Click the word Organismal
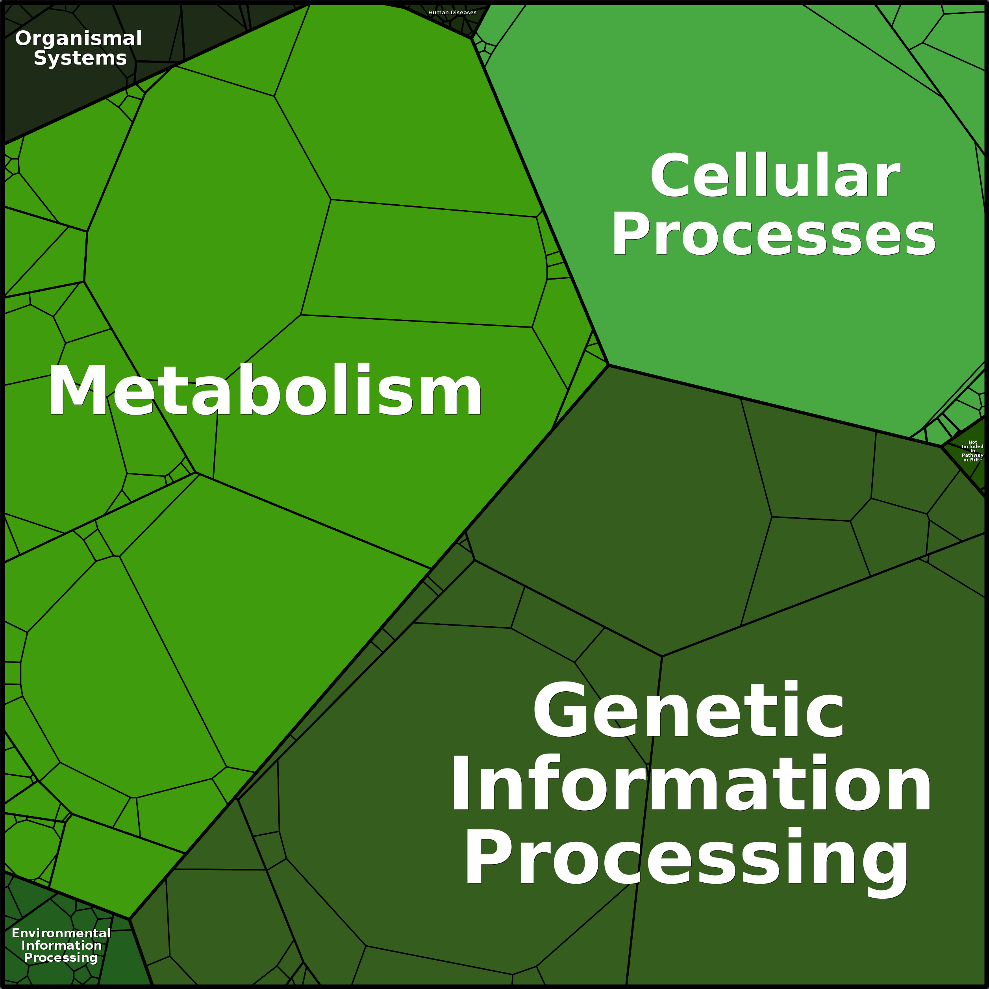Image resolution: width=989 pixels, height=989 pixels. point(78,39)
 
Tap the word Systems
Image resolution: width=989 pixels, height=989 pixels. point(80,58)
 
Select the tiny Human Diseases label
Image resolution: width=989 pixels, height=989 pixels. point(452,12)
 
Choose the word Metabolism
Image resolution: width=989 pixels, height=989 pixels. point(265,392)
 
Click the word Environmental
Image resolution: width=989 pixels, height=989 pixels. point(61,933)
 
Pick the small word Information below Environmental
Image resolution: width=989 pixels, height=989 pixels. point(61,945)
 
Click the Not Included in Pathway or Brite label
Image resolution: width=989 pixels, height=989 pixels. point(972,451)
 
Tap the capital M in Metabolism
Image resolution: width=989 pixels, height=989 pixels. point(77,392)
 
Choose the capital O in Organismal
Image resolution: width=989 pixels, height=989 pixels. point(24,39)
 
